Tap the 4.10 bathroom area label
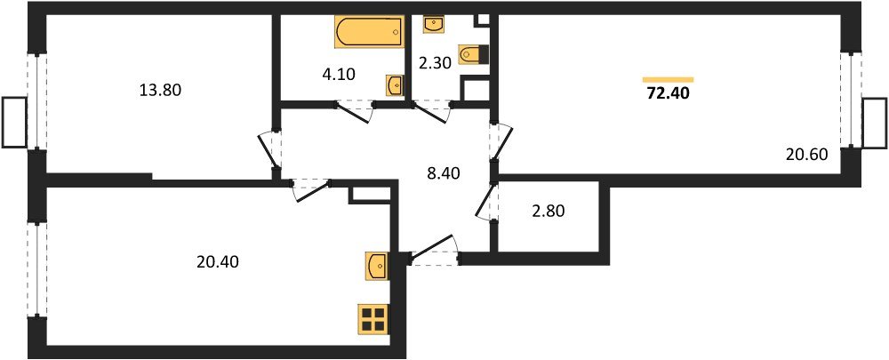(x=338, y=75)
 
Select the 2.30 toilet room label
(x=436, y=64)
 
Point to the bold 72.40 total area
(x=668, y=92)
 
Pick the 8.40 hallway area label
(x=444, y=173)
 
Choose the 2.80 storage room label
(x=547, y=212)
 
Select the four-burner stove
(x=372, y=318)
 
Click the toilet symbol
(x=472, y=54)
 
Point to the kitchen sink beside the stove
(x=377, y=265)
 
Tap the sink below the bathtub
(x=395, y=85)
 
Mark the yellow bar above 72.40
(x=668, y=79)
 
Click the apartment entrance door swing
(x=432, y=250)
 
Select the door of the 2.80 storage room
(x=485, y=203)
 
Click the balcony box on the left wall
(x=13, y=122)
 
